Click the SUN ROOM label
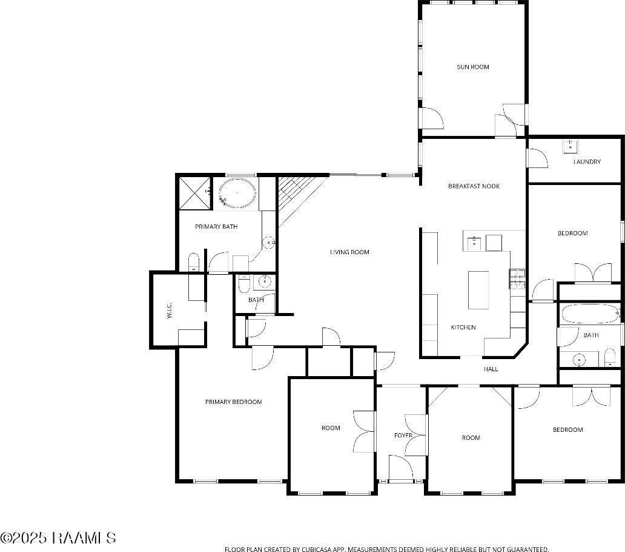coord(472,67)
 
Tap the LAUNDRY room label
coord(587,162)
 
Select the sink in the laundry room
coord(570,146)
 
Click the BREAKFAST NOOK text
coord(474,186)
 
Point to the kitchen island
coord(478,290)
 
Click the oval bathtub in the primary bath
coord(237,194)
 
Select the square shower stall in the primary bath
coord(194,193)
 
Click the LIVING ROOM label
coord(349,252)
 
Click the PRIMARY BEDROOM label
coord(233,402)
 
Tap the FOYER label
coord(403,436)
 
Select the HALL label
coord(491,369)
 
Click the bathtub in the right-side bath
coord(589,314)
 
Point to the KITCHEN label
coord(463,328)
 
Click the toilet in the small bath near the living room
coord(244,284)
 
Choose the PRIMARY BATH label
coord(216,227)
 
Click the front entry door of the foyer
coord(400,470)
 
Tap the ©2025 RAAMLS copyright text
coord(58,538)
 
